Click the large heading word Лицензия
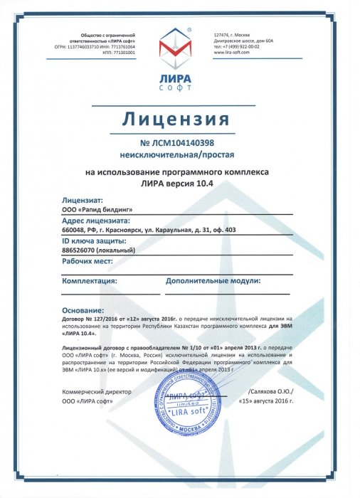[x=179, y=117]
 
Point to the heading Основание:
[x=83, y=311]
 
